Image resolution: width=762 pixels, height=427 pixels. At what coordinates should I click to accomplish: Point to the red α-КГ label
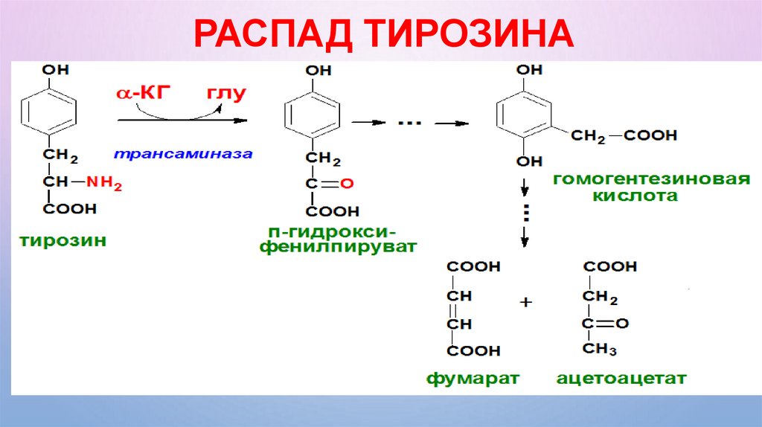click(143, 93)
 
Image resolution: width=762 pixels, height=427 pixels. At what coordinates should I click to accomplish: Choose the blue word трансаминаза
click(183, 154)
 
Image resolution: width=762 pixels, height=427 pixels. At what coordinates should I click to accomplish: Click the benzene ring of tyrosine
click(48, 113)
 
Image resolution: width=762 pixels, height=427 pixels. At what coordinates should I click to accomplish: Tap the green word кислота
click(635, 198)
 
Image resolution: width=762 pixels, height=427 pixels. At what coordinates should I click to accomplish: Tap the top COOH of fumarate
click(473, 267)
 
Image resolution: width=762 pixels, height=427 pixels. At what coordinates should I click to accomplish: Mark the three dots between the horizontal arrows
click(409, 122)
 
